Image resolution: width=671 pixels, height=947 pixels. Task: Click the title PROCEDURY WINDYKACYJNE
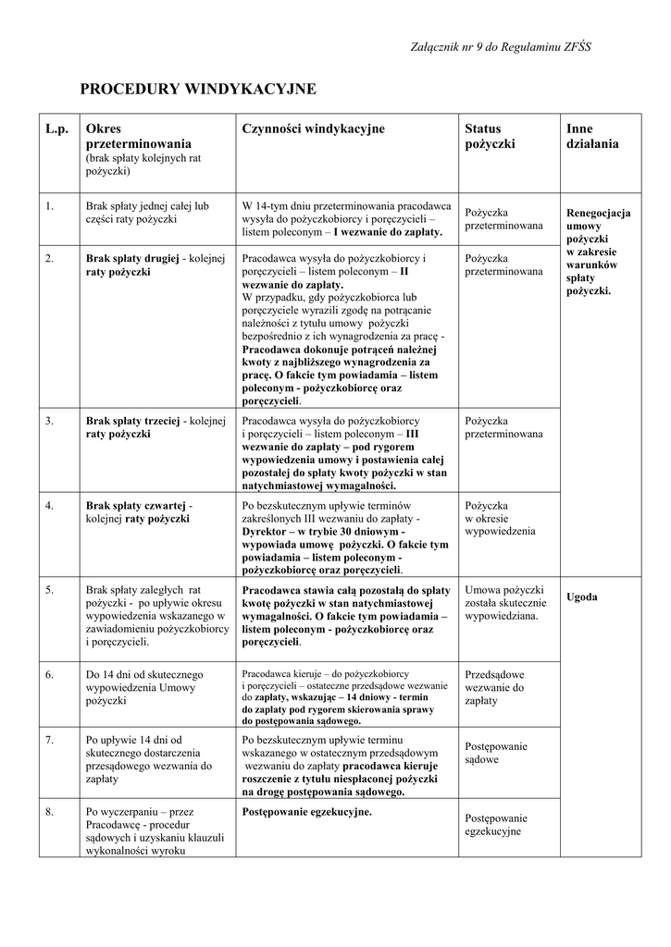pyautogui.click(x=198, y=89)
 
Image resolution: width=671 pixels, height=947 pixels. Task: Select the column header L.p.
pyautogui.click(x=57, y=129)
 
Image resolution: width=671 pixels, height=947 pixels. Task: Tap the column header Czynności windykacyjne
pyautogui.click(x=313, y=129)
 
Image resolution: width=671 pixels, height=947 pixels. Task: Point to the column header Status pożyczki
pyautogui.click(x=490, y=137)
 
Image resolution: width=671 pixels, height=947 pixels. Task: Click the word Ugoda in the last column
pyautogui.click(x=582, y=597)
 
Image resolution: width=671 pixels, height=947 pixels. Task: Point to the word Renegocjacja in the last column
pyautogui.click(x=598, y=213)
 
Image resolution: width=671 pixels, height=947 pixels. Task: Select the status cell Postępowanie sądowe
pyautogui.click(x=495, y=753)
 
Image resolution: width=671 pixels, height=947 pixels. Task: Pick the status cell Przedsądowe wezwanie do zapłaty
pyautogui.click(x=494, y=688)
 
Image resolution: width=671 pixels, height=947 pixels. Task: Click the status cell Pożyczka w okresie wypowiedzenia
pyautogui.click(x=500, y=519)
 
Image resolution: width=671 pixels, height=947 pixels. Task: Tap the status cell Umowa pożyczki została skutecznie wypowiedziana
pyautogui.click(x=505, y=603)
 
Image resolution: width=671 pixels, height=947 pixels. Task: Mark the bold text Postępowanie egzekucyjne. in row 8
pyautogui.click(x=307, y=812)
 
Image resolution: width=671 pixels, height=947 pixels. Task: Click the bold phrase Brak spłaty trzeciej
pyautogui.click(x=132, y=421)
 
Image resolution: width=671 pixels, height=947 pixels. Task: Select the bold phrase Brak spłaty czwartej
pyautogui.click(x=136, y=506)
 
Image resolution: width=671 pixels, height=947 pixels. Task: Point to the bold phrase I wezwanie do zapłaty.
pyautogui.click(x=388, y=232)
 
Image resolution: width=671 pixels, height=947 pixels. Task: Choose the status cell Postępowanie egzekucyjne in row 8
pyautogui.click(x=496, y=825)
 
